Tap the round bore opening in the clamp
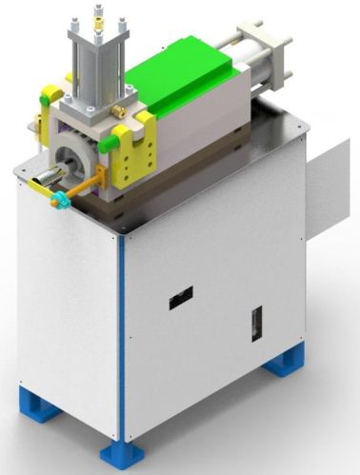[71, 161]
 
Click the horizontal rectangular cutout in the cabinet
[180, 298]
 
